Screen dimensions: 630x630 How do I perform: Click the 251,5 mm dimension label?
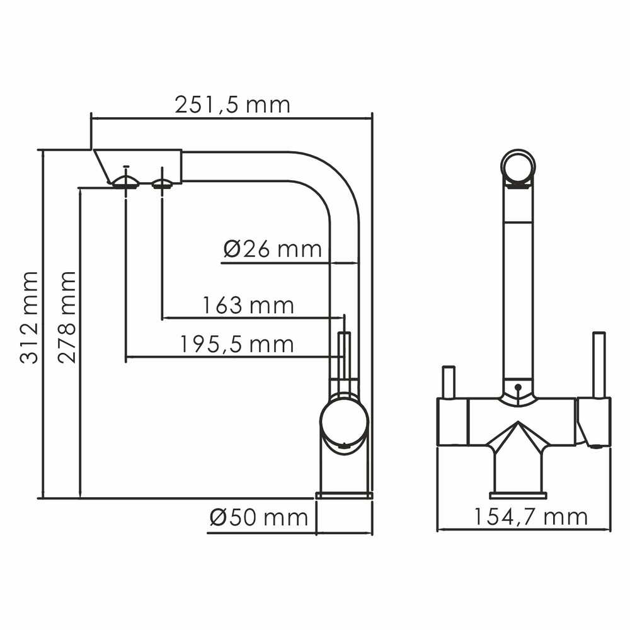232,105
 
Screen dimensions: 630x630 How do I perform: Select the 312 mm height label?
29,318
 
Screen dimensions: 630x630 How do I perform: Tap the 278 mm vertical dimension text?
66,318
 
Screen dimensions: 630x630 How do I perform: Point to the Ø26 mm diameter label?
273,249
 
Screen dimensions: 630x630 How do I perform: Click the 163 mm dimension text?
248,306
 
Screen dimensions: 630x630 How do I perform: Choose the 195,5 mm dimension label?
237,345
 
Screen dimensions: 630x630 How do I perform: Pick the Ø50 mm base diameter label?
259,517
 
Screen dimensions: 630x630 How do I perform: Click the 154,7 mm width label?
530,517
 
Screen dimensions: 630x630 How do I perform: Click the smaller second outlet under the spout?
162,184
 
